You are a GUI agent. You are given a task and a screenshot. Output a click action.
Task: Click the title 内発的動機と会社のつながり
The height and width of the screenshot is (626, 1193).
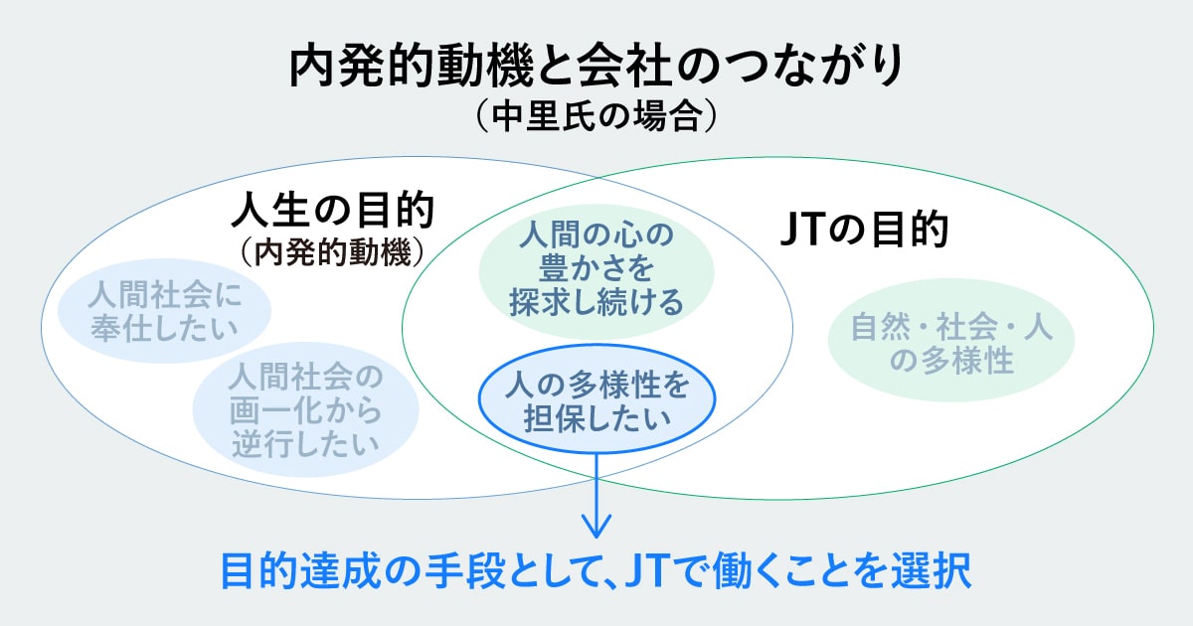[596, 68]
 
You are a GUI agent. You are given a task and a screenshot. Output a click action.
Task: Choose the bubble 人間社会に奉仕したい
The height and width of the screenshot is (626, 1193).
[164, 311]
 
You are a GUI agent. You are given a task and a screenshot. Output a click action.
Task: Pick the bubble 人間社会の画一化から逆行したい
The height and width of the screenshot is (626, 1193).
[305, 408]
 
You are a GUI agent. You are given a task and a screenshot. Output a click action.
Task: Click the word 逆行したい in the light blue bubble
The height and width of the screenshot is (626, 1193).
[305, 441]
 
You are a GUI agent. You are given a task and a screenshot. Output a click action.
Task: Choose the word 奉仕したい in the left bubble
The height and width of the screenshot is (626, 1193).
[164, 327]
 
